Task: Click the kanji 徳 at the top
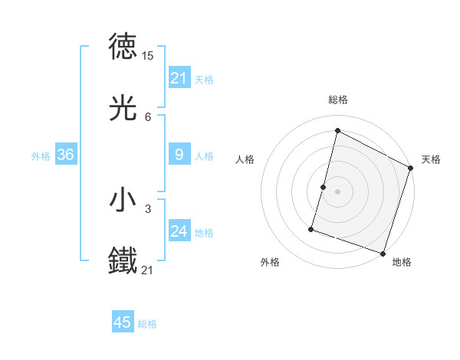tap(123, 47)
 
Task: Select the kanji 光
tap(123, 110)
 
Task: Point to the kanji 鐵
tap(123, 260)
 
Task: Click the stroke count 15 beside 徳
tap(148, 56)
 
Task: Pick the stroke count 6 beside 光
tap(148, 117)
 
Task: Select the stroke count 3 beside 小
tap(148, 208)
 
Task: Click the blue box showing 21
tap(179, 77)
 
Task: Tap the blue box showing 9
tap(179, 155)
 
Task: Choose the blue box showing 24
tap(179, 231)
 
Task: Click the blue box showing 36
tap(66, 155)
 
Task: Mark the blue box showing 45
tap(123, 322)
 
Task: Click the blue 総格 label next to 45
tap(147, 324)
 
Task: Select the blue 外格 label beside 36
tap(41, 156)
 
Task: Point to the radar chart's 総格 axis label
tap(337, 100)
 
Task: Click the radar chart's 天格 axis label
tap(431, 159)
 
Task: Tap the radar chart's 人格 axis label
tap(245, 159)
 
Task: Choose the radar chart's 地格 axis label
tap(402, 262)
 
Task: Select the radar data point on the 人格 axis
tap(324, 187)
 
